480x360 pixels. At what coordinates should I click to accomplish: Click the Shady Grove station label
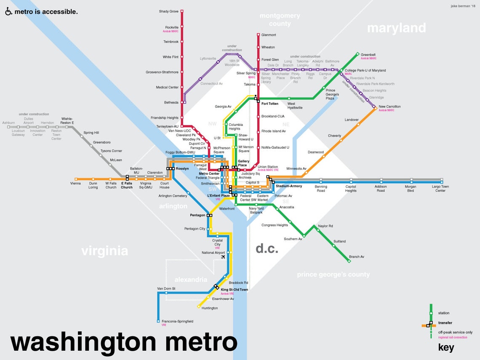[x=168, y=11]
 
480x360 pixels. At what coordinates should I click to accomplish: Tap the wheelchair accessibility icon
[x=8, y=12]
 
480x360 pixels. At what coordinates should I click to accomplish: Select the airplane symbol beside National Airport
[x=223, y=257]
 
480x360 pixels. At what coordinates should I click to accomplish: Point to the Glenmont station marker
[x=258, y=35]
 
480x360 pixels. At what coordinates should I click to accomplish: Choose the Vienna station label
[x=75, y=184]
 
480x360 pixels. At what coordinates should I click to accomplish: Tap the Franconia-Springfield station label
[x=175, y=321]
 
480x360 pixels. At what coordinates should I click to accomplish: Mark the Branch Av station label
[x=356, y=256]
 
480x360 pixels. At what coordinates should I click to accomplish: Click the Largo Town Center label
[x=440, y=189]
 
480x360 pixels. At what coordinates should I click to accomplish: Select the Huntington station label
[x=210, y=308]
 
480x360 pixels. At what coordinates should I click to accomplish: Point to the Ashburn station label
[x=8, y=123]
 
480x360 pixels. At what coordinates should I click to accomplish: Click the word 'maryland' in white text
[x=396, y=28]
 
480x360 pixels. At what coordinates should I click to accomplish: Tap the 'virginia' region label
[x=104, y=251]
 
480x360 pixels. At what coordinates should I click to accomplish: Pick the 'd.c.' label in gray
[x=267, y=248]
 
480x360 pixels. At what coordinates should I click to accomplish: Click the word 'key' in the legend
[x=446, y=347]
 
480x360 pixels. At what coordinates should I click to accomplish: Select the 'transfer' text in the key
[x=445, y=323]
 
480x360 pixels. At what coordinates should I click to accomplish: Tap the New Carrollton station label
[x=389, y=107]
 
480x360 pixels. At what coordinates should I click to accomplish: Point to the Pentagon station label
[x=197, y=215]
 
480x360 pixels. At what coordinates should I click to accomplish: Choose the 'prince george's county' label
[x=333, y=275]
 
